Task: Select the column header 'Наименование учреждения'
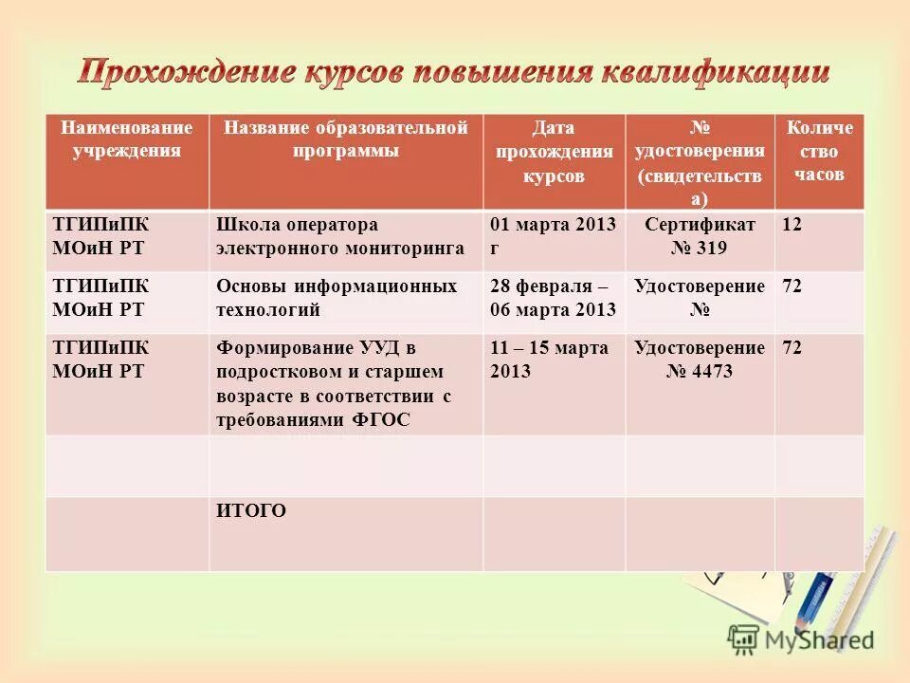point(127,138)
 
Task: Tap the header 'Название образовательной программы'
point(345,138)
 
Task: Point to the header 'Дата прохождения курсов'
point(554,152)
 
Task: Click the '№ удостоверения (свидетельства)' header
point(700,163)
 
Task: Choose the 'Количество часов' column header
point(819,151)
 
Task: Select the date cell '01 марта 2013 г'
point(553,236)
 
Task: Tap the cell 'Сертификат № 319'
point(700,236)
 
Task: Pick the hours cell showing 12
point(792,225)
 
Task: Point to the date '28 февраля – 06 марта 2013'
point(553,298)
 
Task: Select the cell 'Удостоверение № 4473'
point(700,360)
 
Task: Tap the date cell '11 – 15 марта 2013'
point(549,360)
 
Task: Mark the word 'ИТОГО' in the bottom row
point(251,511)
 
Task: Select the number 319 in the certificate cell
point(714,249)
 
